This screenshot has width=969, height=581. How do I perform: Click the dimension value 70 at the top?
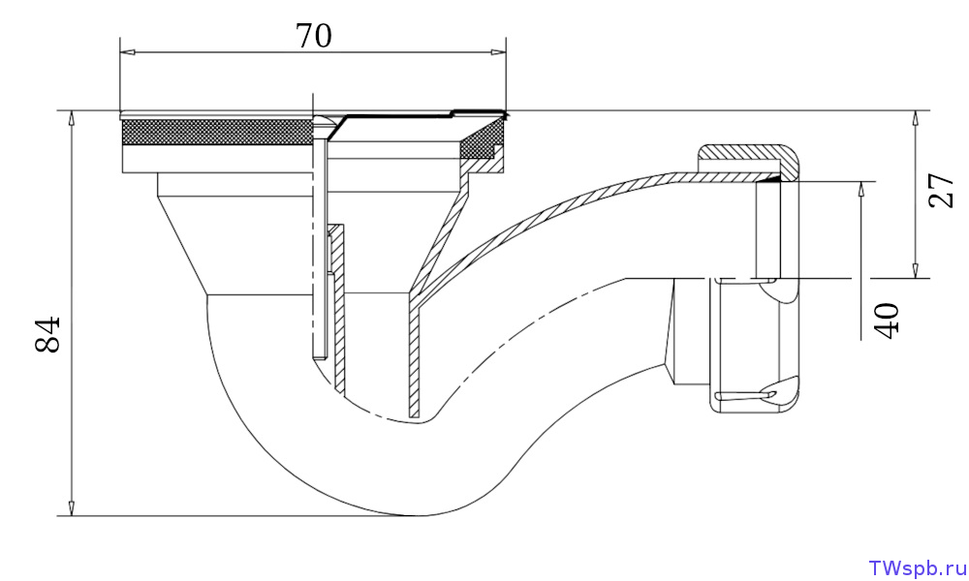(x=314, y=36)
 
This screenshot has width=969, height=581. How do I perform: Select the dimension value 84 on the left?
(x=48, y=334)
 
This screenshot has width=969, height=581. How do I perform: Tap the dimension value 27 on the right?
(x=941, y=191)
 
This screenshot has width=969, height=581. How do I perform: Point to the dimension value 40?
(x=888, y=321)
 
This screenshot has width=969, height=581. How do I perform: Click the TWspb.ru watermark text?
(x=917, y=568)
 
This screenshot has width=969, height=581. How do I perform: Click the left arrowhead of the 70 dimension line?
(x=127, y=52)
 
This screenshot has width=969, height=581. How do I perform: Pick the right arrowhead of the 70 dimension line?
(x=498, y=52)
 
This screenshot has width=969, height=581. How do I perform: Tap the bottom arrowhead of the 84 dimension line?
(x=72, y=507)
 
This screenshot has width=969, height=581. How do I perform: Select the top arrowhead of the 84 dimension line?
(x=72, y=119)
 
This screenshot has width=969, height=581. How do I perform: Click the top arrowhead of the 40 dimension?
(x=861, y=190)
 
